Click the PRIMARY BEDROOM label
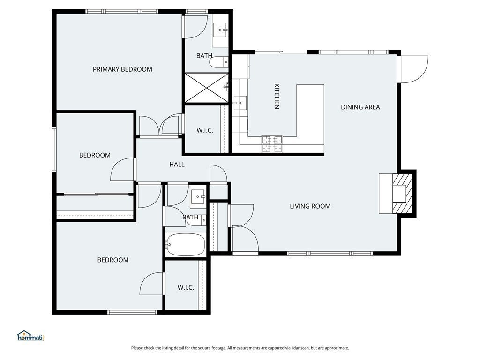tap(122, 69)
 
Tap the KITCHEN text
tap(277, 96)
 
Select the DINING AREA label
tap(360, 107)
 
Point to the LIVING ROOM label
tap(310, 206)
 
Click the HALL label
tap(177, 165)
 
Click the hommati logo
tap(30, 336)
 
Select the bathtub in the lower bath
tap(185, 245)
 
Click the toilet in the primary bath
tap(219, 62)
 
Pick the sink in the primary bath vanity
tap(220, 30)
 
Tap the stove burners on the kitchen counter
tap(272, 143)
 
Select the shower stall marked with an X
tap(207, 88)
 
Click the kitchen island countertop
tap(310, 115)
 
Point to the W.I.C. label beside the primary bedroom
tap(205, 131)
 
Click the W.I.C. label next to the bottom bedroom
tap(186, 288)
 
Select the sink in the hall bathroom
tap(198, 196)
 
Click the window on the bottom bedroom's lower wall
tap(132, 312)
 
